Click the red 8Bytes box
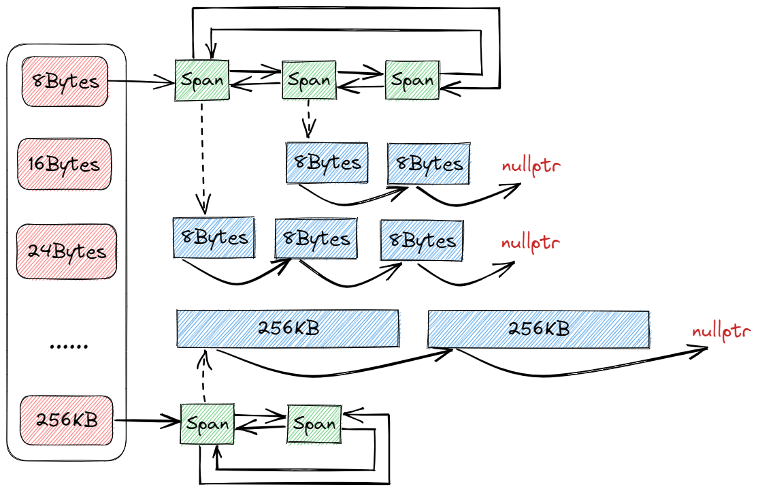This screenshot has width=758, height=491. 65,82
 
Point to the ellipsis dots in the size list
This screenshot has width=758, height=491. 69,346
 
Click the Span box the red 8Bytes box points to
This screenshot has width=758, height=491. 202,80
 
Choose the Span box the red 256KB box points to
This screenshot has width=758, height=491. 208,424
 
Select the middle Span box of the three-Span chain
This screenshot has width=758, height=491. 309,80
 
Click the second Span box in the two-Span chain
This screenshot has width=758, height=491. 314,424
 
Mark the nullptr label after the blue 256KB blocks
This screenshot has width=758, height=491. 721,332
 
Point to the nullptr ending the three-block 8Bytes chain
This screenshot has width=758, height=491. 531,242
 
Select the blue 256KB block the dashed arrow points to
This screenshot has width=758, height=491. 288,328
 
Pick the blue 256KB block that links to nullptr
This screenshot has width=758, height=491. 538,328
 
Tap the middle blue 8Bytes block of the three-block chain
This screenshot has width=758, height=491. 316,238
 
